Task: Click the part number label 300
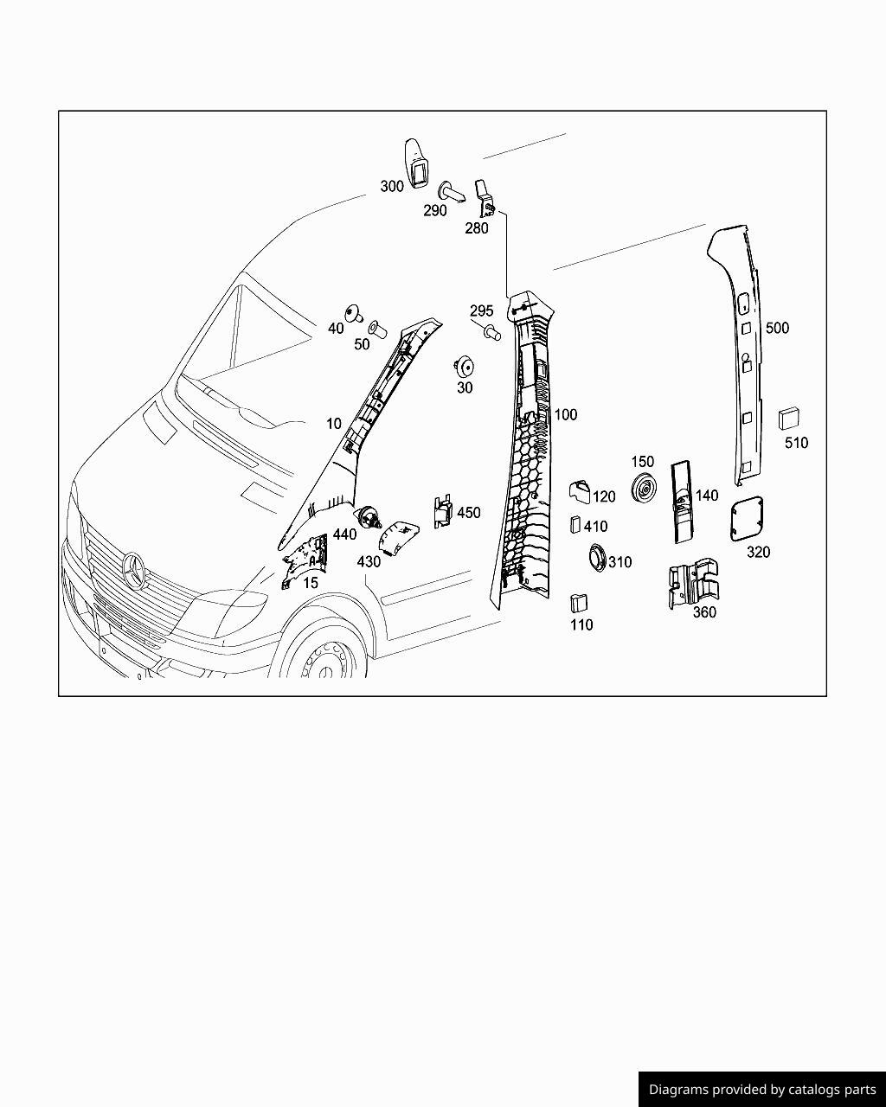click(x=392, y=186)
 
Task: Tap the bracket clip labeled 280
click(x=485, y=198)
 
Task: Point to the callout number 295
click(x=481, y=310)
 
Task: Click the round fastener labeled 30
click(x=464, y=365)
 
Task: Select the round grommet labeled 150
click(x=643, y=490)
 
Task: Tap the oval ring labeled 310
click(x=596, y=558)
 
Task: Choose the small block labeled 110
click(x=578, y=603)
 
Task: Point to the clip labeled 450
click(x=443, y=511)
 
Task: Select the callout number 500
click(x=777, y=328)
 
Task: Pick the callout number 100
click(x=565, y=414)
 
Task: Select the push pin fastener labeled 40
click(x=352, y=312)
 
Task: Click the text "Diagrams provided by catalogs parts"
click(x=762, y=1089)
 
